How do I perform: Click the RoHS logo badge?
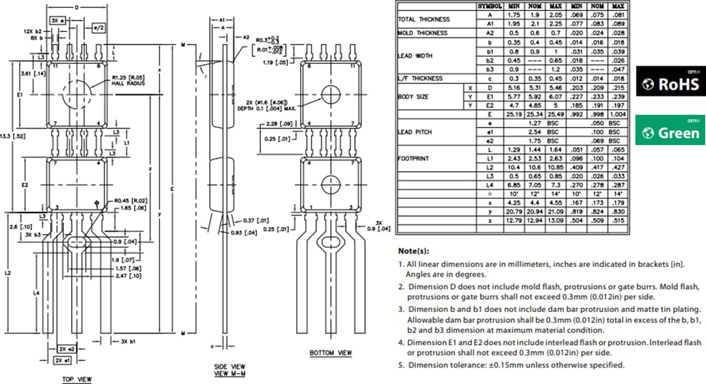[x=671, y=83]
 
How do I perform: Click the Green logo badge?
[x=671, y=131]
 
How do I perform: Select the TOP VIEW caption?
[x=78, y=379]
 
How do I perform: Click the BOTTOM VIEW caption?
[x=330, y=353]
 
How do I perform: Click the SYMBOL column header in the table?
[x=490, y=6]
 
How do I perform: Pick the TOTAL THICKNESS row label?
[x=424, y=19]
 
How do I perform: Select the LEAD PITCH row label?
[x=414, y=131]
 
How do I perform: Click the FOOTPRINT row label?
[x=412, y=158]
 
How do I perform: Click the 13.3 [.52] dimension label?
[x=14, y=137]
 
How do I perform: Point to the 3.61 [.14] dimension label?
[x=14, y=74]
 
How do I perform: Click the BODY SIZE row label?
[x=414, y=96]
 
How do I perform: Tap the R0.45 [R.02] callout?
[x=131, y=200]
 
